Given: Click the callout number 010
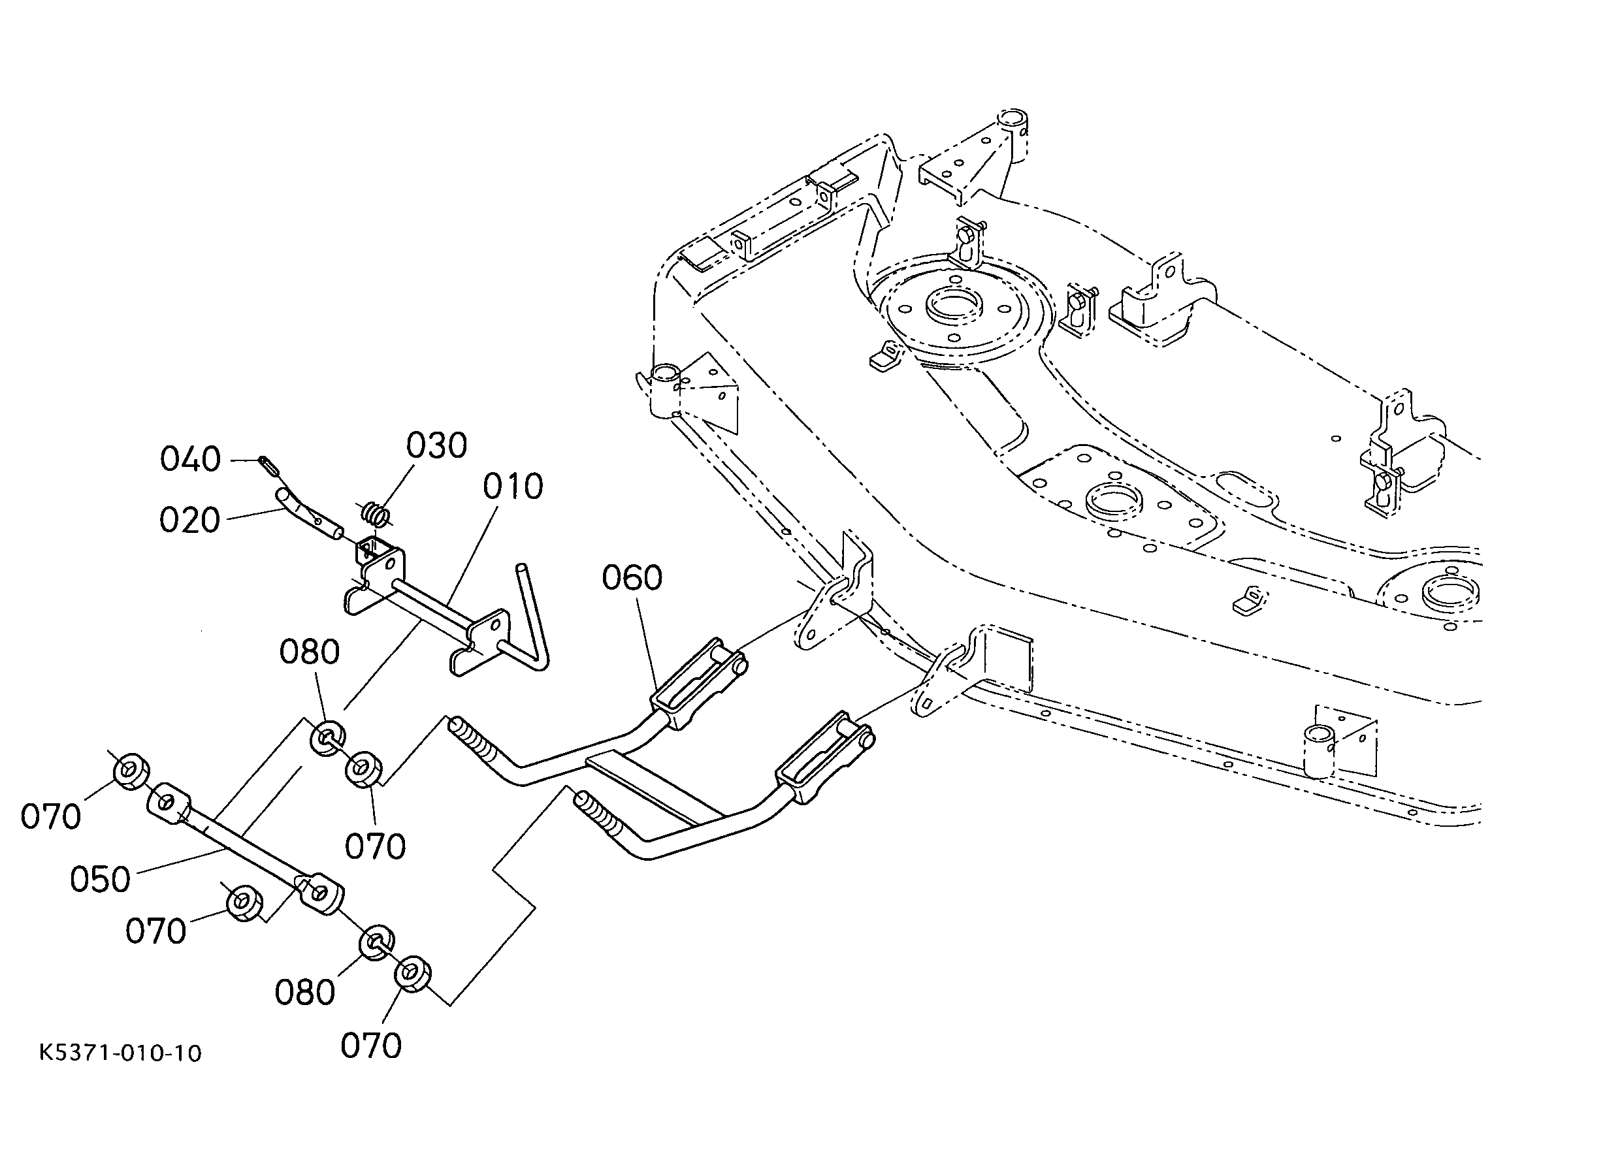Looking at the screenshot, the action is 512,487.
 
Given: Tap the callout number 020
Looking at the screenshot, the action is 189,520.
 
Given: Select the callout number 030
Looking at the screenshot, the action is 436,446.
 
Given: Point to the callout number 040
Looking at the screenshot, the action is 190,459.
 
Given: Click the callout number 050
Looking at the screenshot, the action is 100,880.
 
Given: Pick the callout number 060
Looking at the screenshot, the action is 632,577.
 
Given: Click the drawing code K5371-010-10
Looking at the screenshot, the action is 121,1053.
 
